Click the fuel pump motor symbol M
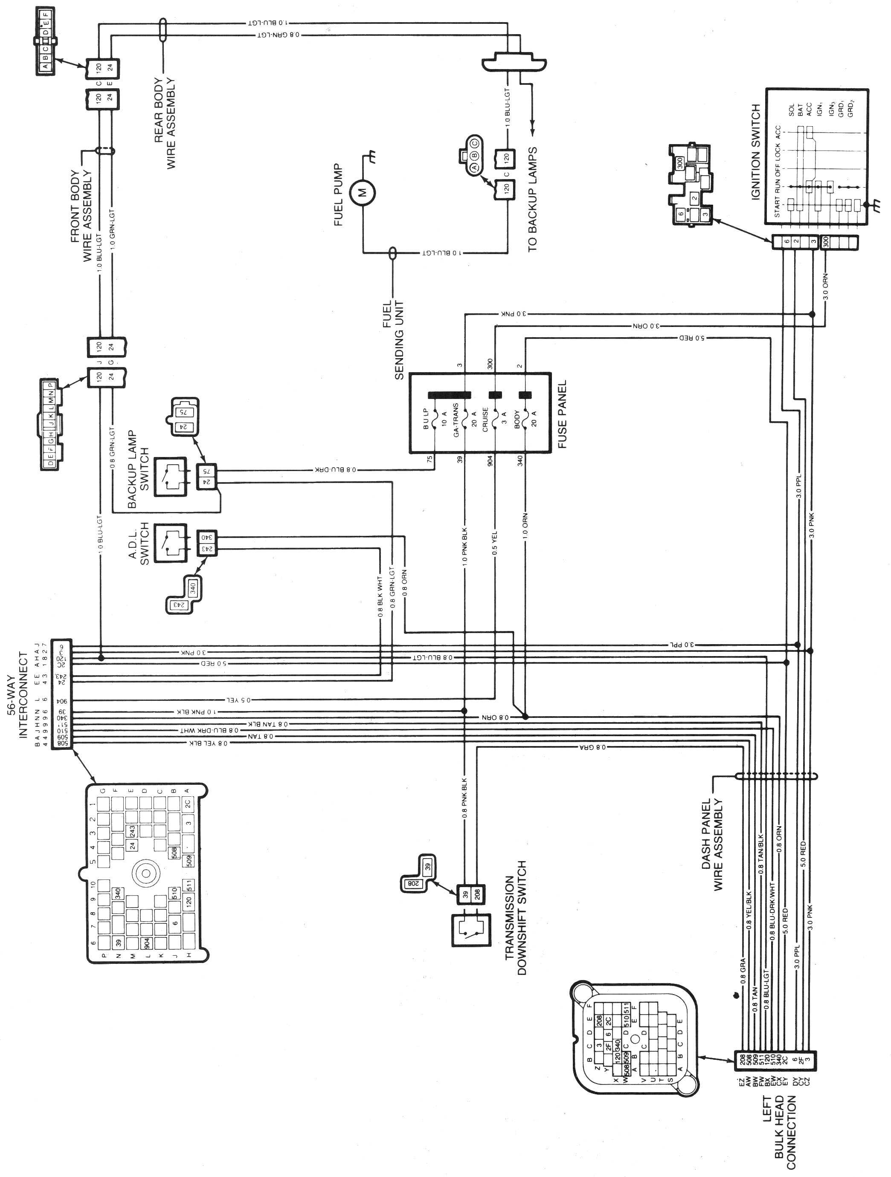point(363,193)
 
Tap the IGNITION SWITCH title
point(756,152)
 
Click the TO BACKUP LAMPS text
point(532,199)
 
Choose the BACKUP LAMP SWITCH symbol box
point(171,476)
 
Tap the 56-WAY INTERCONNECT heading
point(17,694)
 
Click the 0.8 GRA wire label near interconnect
point(592,747)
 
